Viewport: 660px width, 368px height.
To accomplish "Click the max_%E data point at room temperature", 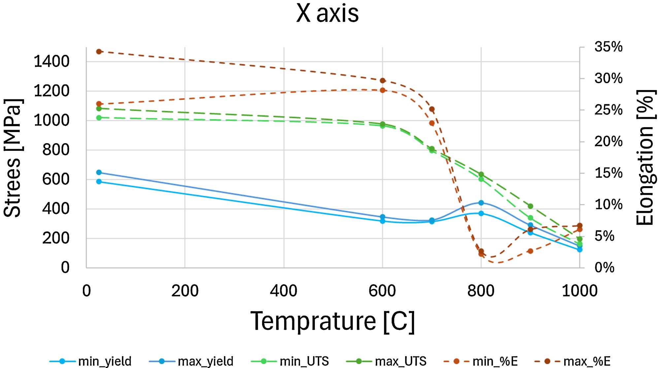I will click(99, 51).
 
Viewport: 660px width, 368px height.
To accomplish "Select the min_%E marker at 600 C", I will click(382, 90).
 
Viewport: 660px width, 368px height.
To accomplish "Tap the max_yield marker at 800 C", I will click(481, 203).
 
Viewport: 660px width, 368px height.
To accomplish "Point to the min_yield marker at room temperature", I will click(99, 182).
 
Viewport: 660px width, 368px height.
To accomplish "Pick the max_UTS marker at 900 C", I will click(530, 206).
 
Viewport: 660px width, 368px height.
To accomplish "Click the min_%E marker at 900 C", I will click(530, 251).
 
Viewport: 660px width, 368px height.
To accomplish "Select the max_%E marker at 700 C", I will click(432, 109).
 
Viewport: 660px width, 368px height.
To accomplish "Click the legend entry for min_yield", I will click(90, 361).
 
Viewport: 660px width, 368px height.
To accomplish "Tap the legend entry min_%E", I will click(481, 361).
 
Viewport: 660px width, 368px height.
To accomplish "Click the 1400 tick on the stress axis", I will click(51, 62).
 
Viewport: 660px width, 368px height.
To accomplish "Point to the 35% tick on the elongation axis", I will click(608, 47).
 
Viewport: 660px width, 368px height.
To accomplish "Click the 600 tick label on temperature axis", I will click(382, 291).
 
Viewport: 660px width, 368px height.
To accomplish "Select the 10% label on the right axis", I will click(608, 205).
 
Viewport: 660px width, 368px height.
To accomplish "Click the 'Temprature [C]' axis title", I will click(332, 321).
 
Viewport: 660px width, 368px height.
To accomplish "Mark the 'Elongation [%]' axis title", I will click(645, 158).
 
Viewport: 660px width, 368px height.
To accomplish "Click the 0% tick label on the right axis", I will click(604, 268).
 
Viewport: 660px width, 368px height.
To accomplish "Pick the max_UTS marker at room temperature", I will click(99, 109).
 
